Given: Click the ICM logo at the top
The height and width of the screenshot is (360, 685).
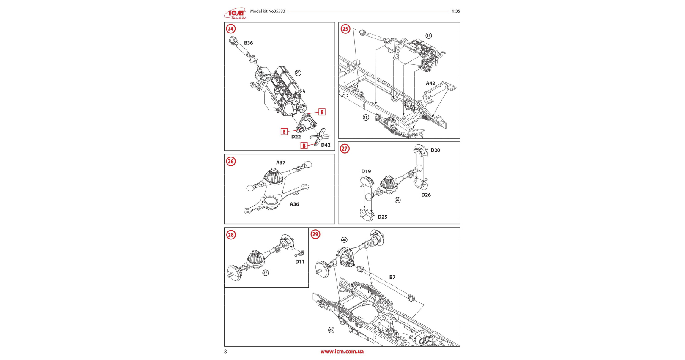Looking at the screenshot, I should click(235, 14).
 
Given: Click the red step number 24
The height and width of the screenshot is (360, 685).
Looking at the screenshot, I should click(230, 29).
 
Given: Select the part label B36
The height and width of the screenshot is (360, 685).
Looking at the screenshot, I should click(248, 43).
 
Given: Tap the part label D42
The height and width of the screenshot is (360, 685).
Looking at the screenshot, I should click(326, 145).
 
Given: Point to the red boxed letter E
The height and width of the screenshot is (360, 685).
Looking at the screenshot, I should click(284, 132).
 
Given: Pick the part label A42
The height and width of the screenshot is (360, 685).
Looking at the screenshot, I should click(430, 83).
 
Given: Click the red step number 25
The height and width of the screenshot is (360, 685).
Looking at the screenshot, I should click(345, 29).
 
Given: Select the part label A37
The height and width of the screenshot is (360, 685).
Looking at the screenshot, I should click(281, 162).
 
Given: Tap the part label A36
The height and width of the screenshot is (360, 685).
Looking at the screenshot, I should click(294, 204).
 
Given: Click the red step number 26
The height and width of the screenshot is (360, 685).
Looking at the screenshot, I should click(230, 161).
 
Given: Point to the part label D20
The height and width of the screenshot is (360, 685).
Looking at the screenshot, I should click(435, 151).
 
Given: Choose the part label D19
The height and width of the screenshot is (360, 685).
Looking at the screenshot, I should click(366, 171).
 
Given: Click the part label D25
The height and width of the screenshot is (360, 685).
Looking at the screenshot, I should click(382, 217).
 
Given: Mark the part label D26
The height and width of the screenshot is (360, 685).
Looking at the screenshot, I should click(426, 195).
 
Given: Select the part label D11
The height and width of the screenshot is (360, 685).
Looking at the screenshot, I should click(300, 262).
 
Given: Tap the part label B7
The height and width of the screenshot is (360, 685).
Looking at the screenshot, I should click(392, 278).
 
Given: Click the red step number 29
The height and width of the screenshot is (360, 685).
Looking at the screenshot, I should click(315, 234).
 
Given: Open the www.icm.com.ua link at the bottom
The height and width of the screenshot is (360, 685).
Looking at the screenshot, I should click(342, 352).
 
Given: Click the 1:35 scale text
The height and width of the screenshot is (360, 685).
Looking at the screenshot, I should click(456, 11).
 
